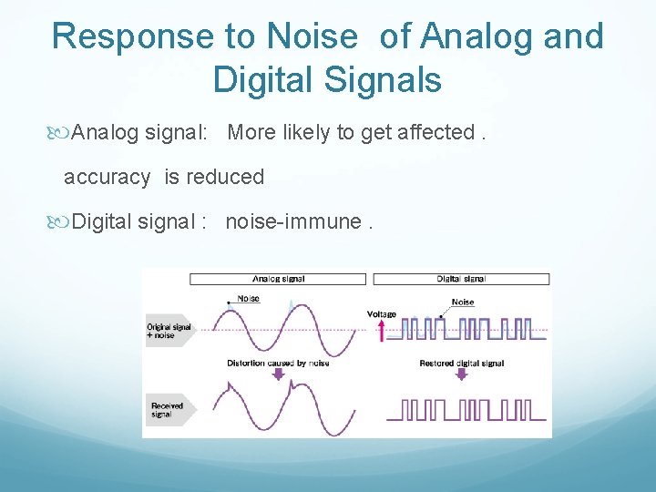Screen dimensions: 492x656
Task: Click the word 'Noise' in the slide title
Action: tap(313, 36)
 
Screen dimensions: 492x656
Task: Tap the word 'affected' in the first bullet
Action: tap(436, 133)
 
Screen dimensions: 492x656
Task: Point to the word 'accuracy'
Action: tap(107, 177)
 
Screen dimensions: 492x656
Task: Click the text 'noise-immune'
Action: tap(292, 222)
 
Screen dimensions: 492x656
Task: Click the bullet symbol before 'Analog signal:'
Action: tap(61, 134)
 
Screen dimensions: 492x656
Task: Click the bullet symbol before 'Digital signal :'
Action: tap(61, 223)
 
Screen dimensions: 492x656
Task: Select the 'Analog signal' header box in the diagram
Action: tap(277, 279)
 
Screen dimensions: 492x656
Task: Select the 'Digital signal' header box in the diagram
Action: tap(461, 279)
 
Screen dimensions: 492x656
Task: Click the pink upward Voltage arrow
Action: tap(382, 330)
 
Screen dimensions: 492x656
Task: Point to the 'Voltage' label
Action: tap(382, 314)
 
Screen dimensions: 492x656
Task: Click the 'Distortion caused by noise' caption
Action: tap(278, 363)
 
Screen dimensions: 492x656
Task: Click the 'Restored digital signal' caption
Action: tap(461, 363)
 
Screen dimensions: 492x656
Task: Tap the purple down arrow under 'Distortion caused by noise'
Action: tap(278, 374)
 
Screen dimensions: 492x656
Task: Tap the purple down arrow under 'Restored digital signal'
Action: tap(461, 374)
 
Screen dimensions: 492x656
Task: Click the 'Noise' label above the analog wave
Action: tap(248, 299)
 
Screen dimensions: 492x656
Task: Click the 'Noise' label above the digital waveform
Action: tap(463, 302)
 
